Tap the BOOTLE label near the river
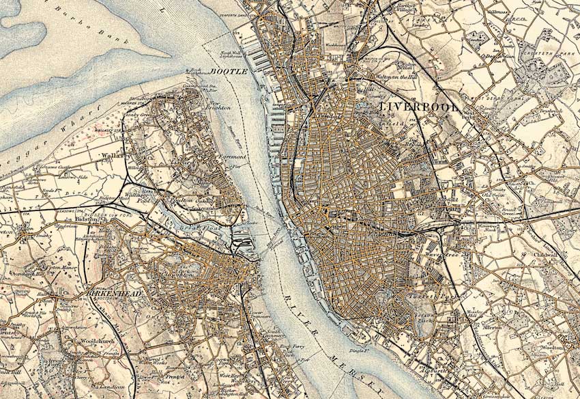(228, 71)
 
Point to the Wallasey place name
(111, 156)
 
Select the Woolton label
(551, 348)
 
